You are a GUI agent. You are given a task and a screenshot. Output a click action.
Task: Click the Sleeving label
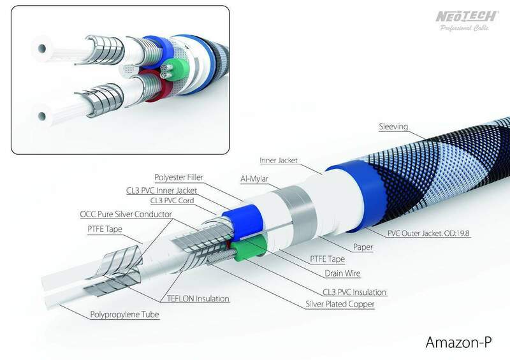(393, 127)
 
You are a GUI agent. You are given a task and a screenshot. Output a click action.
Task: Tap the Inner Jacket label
(279, 161)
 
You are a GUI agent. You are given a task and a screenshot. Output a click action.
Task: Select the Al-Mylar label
(254, 179)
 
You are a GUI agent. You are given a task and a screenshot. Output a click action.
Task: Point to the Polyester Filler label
(178, 178)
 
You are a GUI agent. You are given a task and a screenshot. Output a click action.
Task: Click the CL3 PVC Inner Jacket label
(162, 191)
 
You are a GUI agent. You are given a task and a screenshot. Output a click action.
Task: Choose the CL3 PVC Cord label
(172, 201)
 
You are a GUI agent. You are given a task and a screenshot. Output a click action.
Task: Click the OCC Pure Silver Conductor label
(126, 214)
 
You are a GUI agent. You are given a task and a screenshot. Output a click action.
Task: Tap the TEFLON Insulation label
(198, 299)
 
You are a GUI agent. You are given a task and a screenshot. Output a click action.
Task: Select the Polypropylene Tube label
(124, 315)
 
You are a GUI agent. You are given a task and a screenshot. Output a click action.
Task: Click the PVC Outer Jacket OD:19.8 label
(428, 233)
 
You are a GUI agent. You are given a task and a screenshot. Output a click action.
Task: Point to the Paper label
(363, 247)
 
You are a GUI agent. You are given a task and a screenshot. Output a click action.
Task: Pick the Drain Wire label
(342, 273)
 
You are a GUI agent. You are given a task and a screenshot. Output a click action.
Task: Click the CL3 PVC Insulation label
(354, 292)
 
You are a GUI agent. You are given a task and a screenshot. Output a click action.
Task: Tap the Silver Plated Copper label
(340, 304)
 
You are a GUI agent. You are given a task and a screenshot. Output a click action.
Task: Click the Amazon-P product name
(458, 342)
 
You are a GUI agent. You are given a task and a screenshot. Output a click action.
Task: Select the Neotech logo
(467, 20)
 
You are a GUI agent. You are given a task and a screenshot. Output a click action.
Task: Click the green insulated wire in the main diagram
(251, 248)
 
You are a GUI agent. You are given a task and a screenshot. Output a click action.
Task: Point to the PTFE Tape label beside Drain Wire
(327, 259)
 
